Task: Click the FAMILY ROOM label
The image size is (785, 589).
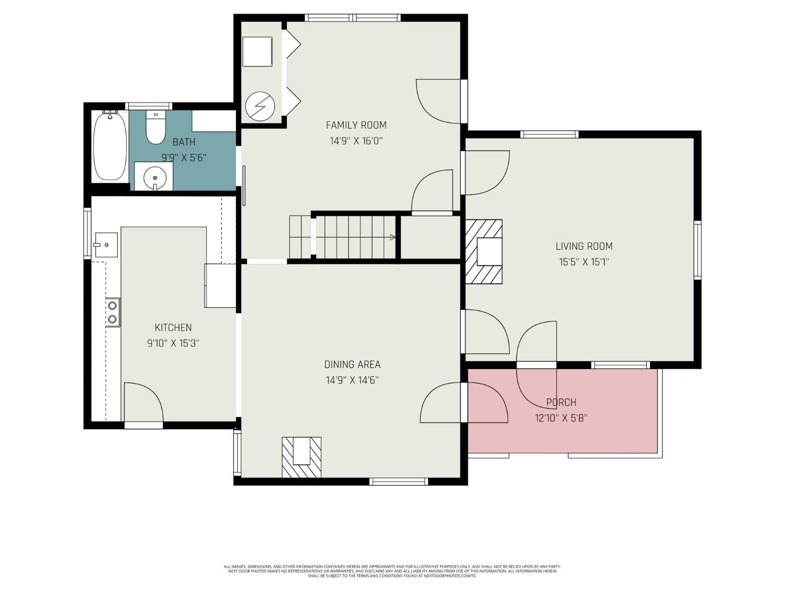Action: click(x=356, y=125)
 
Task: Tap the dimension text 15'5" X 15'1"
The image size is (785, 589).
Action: click(x=584, y=262)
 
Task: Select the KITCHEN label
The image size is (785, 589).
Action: click(x=173, y=328)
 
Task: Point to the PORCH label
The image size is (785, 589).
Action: click(x=561, y=402)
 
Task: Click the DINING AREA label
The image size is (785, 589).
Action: click(x=352, y=364)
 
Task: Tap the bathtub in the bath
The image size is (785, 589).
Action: click(x=110, y=146)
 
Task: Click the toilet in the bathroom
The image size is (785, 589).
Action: click(x=155, y=128)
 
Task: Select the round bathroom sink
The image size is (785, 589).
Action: click(x=155, y=177)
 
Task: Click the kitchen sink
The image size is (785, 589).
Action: click(x=105, y=245)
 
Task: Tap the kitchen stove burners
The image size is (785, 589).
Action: click(x=113, y=312)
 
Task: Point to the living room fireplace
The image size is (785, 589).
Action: click(x=484, y=252)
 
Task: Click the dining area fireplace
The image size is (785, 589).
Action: click(x=301, y=457)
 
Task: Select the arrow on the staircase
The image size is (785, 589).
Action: click(x=391, y=237)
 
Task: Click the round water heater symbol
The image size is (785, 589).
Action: click(x=260, y=107)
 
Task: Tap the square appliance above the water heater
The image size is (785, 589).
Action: click(x=257, y=51)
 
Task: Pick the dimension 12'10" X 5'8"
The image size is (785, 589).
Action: click(x=561, y=418)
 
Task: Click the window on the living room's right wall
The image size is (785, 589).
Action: click(x=697, y=250)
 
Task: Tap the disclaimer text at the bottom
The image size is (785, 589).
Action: click(x=392, y=571)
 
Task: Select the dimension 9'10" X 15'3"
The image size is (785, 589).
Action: click(x=173, y=343)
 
